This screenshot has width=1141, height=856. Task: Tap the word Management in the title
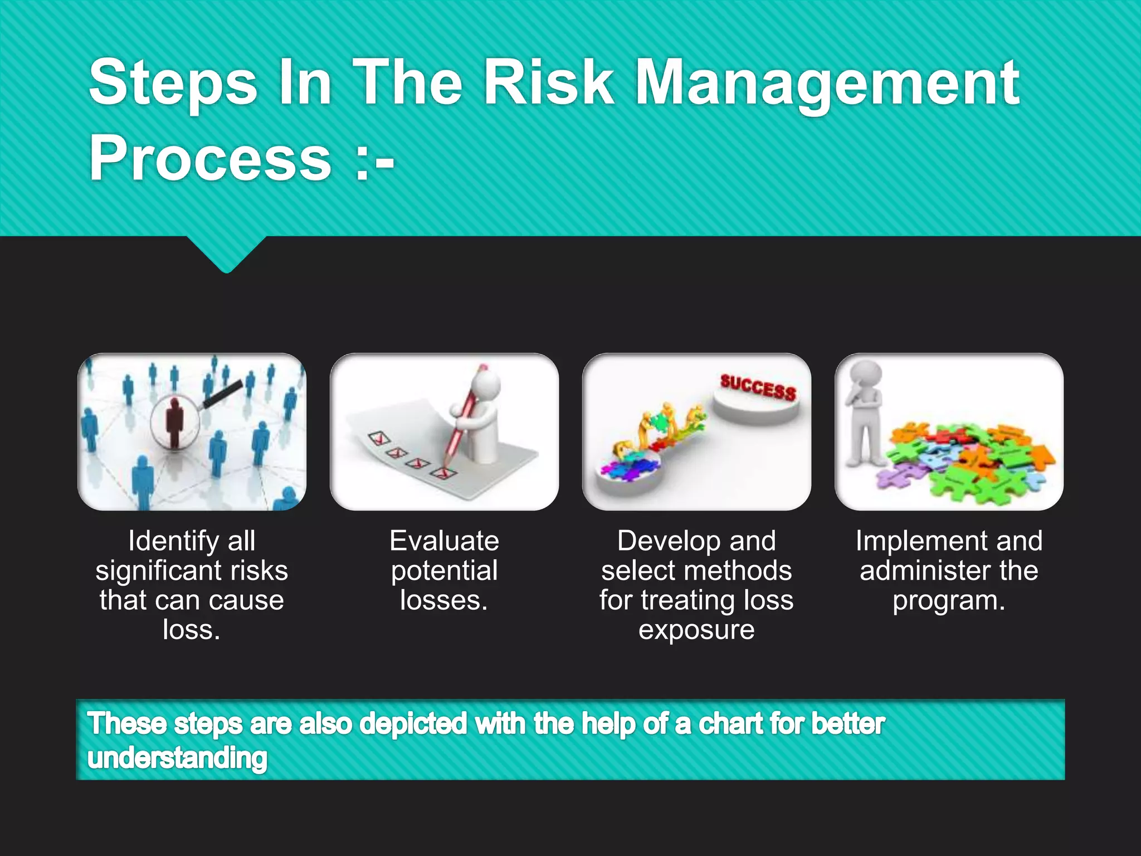[x=827, y=84]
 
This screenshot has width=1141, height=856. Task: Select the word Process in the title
[x=211, y=158]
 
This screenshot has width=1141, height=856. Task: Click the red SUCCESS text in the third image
[x=758, y=387]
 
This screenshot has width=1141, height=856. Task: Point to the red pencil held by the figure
[x=462, y=418]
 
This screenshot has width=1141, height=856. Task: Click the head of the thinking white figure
[x=865, y=376]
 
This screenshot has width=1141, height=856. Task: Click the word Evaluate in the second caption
[x=444, y=541]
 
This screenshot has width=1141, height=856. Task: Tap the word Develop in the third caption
[x=669, y=541]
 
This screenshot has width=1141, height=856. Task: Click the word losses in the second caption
[x=441, y=601]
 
